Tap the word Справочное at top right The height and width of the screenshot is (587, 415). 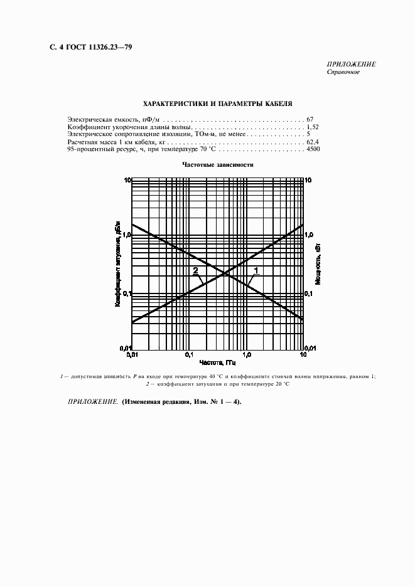pos(343,73)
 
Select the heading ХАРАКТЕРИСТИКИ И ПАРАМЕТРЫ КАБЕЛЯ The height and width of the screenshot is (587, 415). pos(217,104)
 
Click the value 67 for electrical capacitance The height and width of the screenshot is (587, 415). pos(310,119)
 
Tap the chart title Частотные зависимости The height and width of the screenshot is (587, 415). pos(217,165)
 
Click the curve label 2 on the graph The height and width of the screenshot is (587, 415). pos(195,271)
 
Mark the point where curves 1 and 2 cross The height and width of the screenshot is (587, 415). pos(225,273)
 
